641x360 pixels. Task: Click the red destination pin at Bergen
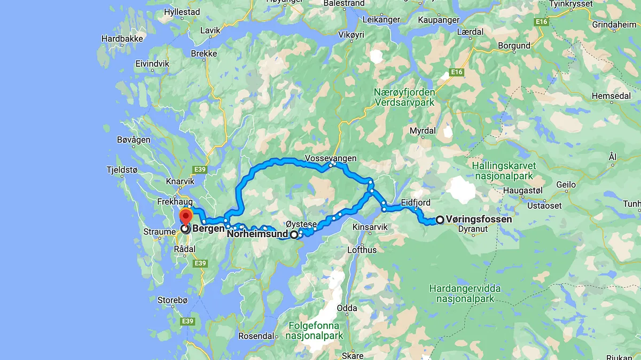pyautogui.click(x=185, y=217)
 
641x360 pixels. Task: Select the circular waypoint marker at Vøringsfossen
pyautogui.click(x=440, y=220)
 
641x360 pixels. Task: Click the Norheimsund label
pyautogui.click(x=257, y=233)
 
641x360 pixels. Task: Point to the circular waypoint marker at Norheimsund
pyautogui.click(x=294, y=234)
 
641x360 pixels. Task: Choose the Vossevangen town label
pyautogui.click(x=331, y=158)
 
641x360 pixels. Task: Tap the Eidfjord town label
pyautogui.click(x=416, y=202)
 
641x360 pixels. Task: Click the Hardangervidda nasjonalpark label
pyautogui.click(x=465, y=294)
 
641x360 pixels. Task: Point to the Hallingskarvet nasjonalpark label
pyautogui.click(x=504, y=171)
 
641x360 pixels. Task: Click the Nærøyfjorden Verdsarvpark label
pyautogui.click(x=404, y=97)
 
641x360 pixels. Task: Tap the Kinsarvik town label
pyautogui.click(x=370, y=227)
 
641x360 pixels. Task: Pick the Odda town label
pyautogui.click(x=347, y=308)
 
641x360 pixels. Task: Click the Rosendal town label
pyautogui.click(x=256, y=336)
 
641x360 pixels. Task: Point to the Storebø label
pyautogui.click(x=173, y=300)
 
